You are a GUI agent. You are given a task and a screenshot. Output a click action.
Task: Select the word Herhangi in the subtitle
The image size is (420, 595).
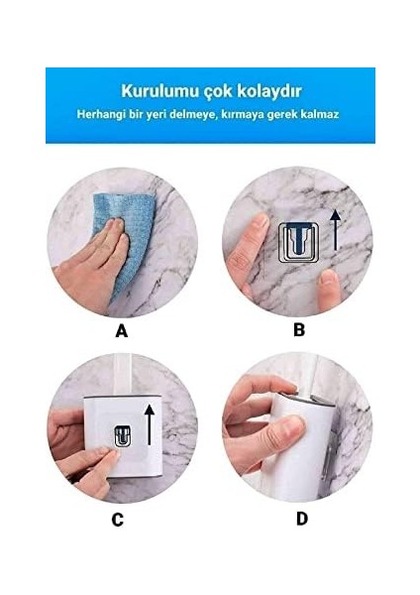tap(101, 114)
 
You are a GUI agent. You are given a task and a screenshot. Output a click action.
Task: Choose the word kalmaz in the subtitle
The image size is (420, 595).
tap(321, 114)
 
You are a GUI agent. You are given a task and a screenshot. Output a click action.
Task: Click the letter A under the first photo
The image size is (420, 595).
tap(122, 331)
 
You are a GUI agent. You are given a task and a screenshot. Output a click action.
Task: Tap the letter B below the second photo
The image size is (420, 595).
tap(299, 330)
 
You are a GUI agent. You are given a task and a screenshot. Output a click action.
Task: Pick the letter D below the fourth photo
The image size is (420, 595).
tap(301, 518)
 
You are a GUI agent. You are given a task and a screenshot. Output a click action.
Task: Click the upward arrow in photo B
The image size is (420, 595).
tap(335, 229)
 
